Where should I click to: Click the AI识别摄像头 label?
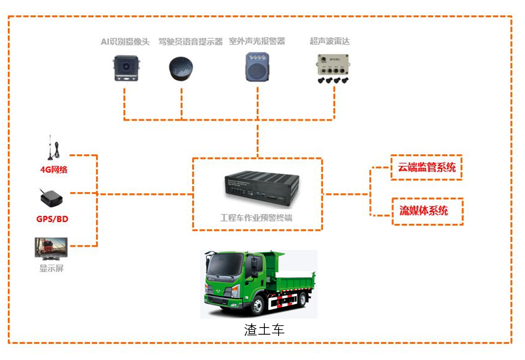pos(125,41)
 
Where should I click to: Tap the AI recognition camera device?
pos(125,68)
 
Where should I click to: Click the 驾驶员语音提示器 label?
pos(190,41)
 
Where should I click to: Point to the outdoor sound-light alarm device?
pos(257,67)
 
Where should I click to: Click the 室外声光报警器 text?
pos(257,41)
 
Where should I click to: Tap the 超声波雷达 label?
pos(330,41)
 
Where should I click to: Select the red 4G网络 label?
pos(53,169)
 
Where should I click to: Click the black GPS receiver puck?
pos(49,197)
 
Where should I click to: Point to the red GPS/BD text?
pos(53,219)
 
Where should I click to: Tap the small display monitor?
pos(50,248)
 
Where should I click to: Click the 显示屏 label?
pos(51,268)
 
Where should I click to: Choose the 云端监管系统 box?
pos(426,168)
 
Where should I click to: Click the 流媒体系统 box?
pos(426,211)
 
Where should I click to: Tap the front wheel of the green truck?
pos(257,305)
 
